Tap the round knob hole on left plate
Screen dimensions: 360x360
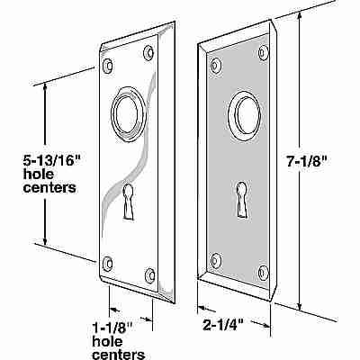[124, 115]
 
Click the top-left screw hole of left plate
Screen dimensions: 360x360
[110, 65]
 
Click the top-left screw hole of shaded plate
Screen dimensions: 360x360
[217, 65]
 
